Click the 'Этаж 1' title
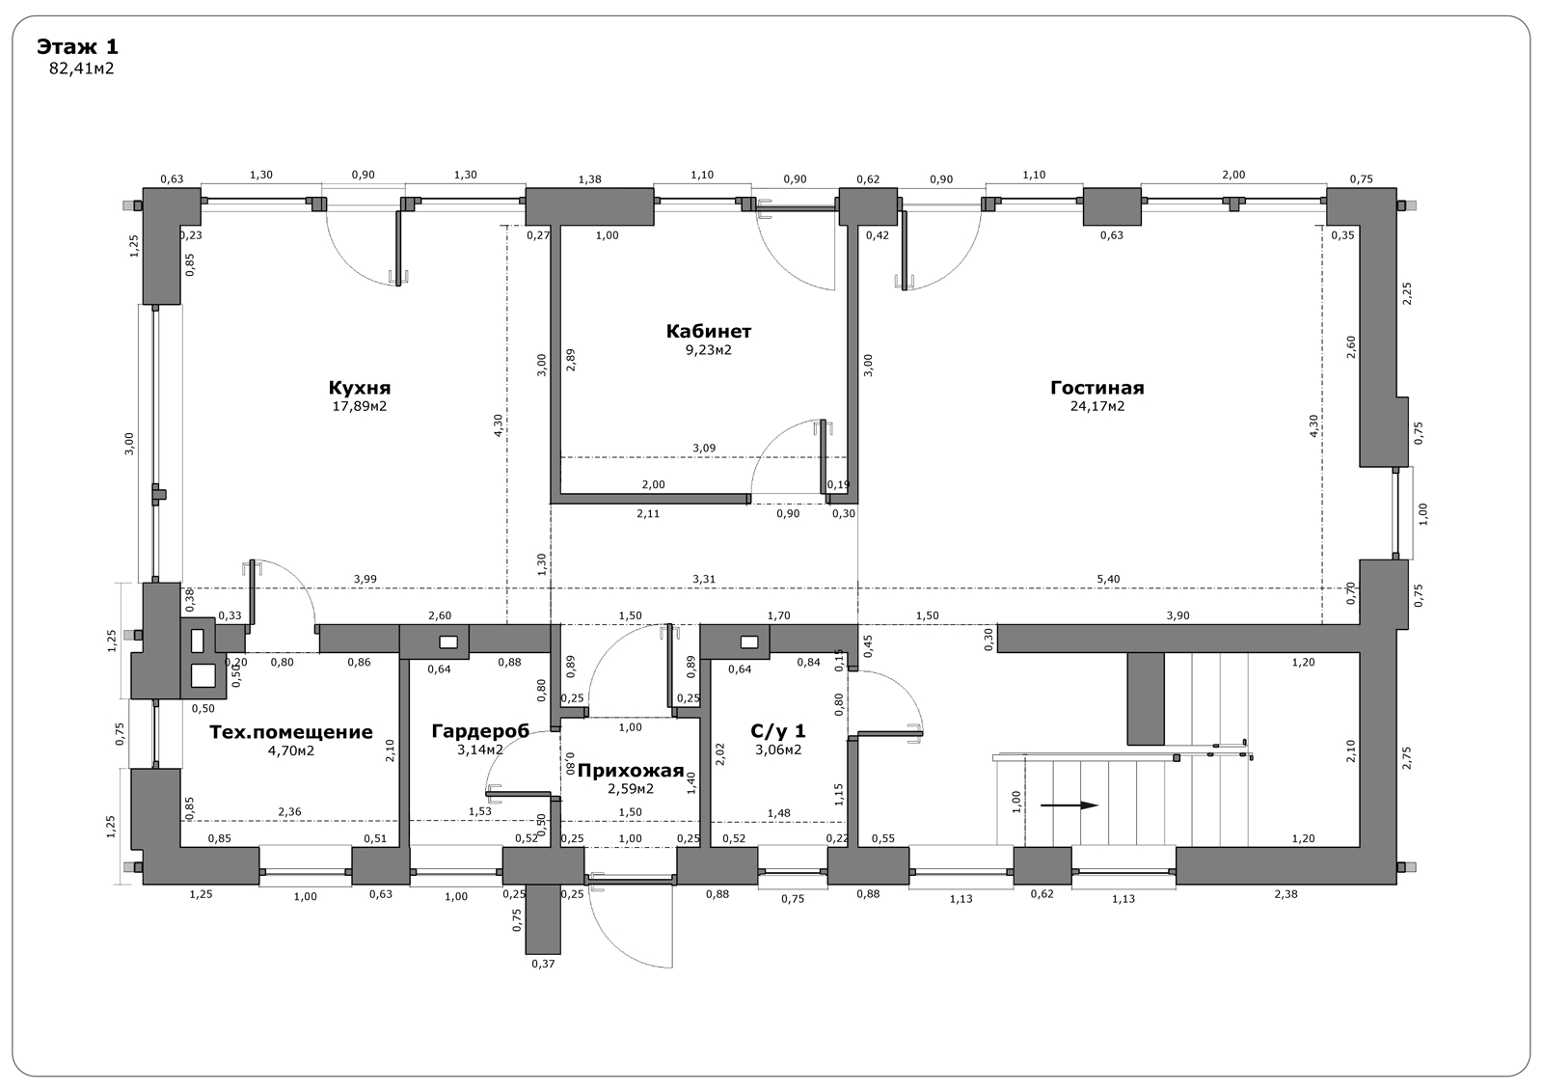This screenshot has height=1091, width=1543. point(77,47)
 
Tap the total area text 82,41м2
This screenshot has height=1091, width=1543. point(81,68)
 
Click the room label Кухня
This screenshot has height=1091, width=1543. point(360,388)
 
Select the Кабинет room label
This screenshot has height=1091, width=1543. point(708,332)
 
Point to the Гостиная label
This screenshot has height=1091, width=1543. point(1097,388)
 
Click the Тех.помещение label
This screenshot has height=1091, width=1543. point(290,732)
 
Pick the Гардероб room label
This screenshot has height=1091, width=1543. point(480,731)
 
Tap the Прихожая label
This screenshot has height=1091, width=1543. point(631,771)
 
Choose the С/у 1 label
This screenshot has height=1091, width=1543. point(777,730)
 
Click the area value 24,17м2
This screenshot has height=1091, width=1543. point(1097,406)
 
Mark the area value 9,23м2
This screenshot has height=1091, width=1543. point(708,349)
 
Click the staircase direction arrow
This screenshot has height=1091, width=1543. point(1069,805)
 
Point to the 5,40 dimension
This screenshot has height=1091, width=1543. point(1108,580)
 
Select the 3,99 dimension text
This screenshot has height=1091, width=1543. point(365,580)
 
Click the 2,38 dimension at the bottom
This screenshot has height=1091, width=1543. point(1286,894)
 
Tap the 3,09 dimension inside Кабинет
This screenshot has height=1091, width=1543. point(704,448)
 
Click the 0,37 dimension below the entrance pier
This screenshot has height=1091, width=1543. point(543,965)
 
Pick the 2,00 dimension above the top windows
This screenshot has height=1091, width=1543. point(1233,175)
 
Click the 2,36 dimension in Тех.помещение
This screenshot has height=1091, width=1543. point(289,812)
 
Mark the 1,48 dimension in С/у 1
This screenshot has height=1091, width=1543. point(778,813)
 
